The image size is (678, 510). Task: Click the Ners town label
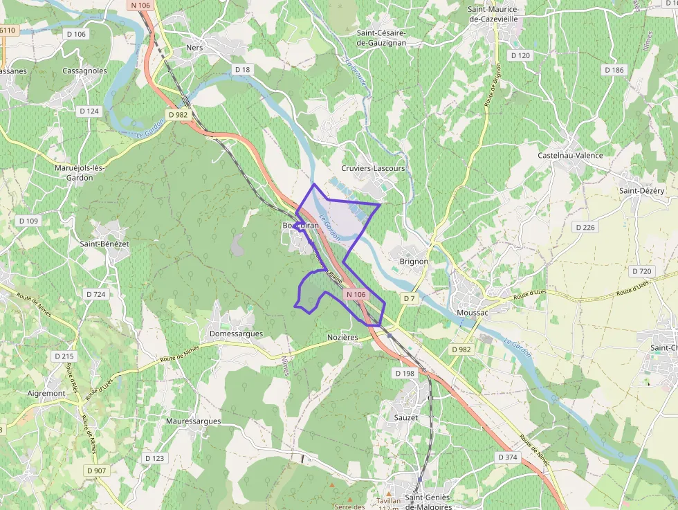194,48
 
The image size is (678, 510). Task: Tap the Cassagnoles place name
84,71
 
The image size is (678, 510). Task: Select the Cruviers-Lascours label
373,168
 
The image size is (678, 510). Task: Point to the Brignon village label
414,262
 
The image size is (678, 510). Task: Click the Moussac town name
473,313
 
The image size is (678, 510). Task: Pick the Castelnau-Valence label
570,156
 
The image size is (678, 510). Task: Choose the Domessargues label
236,334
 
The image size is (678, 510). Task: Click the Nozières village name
342,337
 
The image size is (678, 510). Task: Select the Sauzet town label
405,417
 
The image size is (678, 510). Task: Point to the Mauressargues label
194,421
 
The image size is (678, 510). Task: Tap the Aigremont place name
46,393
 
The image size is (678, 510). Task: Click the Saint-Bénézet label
104,244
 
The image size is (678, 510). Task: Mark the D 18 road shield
242,69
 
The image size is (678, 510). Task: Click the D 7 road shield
409,298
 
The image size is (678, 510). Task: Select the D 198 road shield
404,373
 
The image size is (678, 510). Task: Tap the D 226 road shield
585,227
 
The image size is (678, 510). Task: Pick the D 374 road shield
507,457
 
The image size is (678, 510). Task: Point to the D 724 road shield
96,294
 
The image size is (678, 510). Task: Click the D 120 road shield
520,55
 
